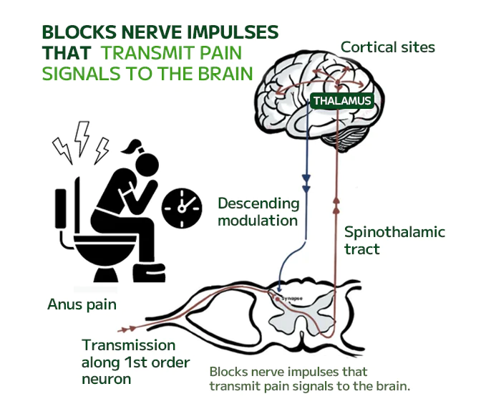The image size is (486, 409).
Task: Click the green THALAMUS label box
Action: point(341,101)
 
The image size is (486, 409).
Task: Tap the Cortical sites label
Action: point(387,47)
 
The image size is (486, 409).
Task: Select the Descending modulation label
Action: point(258,212)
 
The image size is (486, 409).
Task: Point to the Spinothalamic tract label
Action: point(394,241)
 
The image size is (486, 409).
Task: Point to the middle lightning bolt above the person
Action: point(83,137)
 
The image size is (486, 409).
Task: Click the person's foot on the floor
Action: point(152,274)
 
